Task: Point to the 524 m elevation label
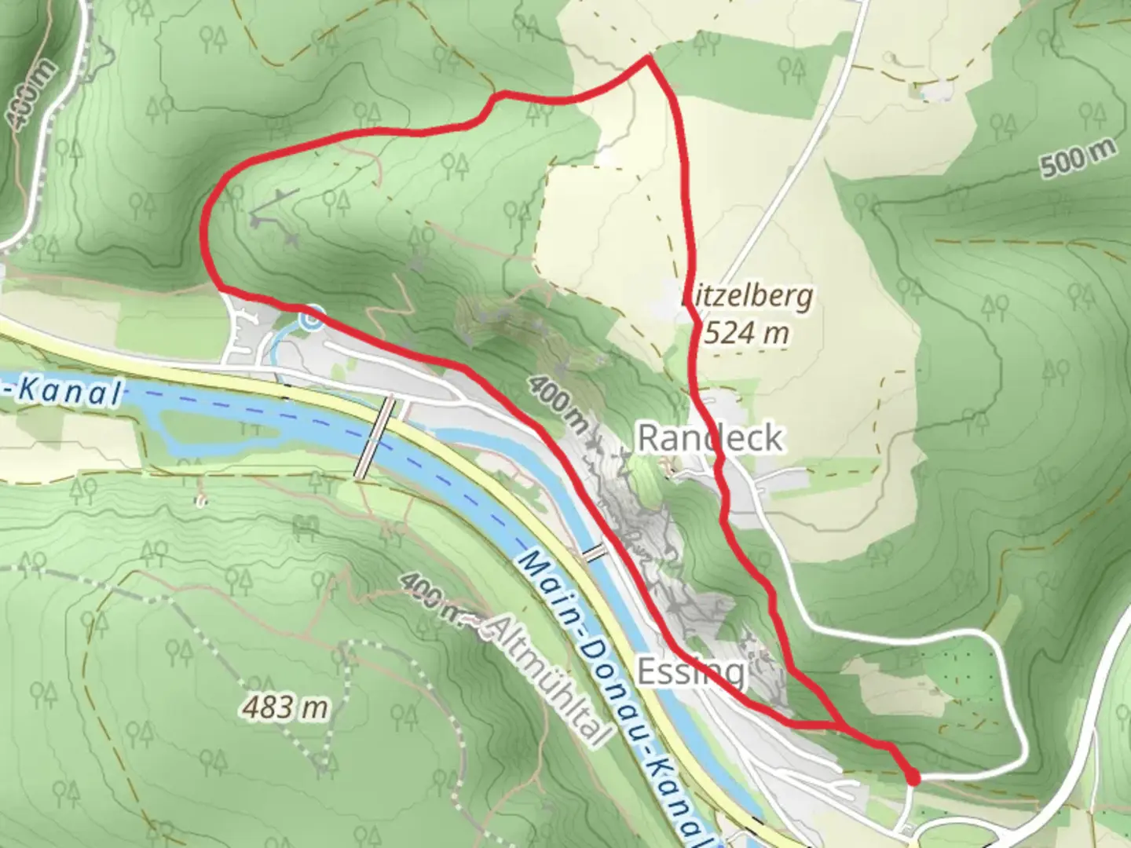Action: pos(747,333)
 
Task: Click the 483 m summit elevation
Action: pos(284,708)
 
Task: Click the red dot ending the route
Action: pos(913,778)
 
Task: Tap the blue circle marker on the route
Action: pos(311,319)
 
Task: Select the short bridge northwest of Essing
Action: pos(594,553)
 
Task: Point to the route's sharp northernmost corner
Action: pos(647,58)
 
